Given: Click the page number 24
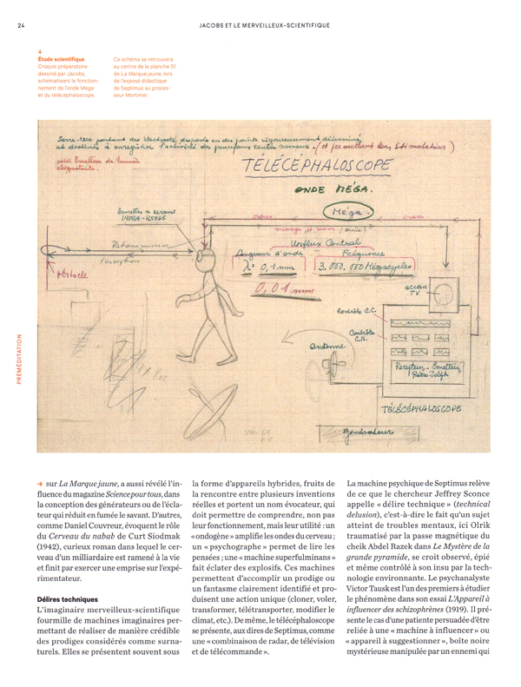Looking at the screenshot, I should tap(21, 25).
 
